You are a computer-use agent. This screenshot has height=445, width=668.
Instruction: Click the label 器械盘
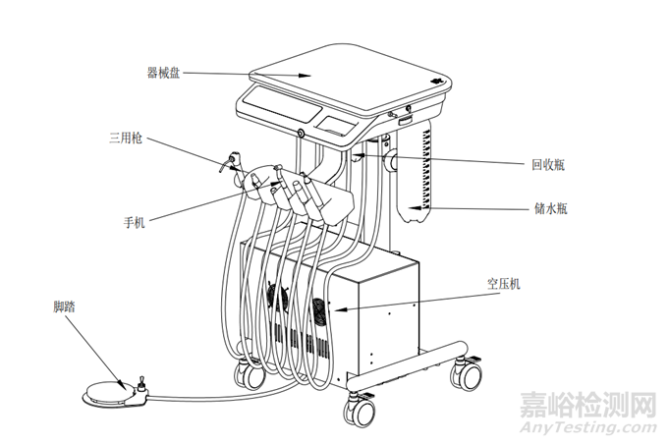(x=163, y=73)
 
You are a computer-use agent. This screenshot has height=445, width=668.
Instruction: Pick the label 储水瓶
(x=548, y=208)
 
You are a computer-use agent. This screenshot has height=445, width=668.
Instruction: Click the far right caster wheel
(x=464, y=373)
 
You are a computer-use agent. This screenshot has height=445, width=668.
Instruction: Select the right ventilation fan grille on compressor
(x=321, y=313)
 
